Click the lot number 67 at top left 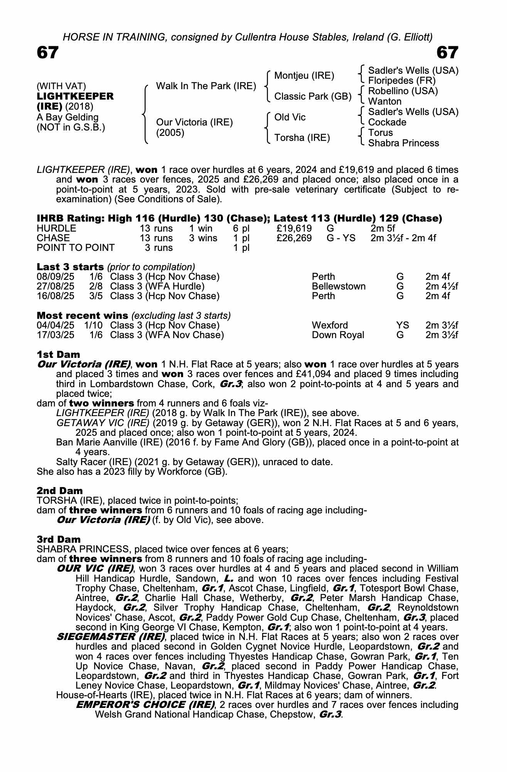click(47, 53)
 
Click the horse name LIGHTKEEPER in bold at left click(75, 96)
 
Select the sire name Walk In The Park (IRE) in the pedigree click(206, 86)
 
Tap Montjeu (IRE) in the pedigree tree click(304, 76)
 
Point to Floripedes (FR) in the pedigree click(402, 81)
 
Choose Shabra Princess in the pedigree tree click(403, 143)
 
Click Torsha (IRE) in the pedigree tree click(302, 138)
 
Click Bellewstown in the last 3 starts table click(339, 286)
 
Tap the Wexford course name click(330, 325)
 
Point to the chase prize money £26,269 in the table click(294, 238)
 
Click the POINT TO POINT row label click(76, 248)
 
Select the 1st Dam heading click(59, 354)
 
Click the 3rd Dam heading click(59, 539)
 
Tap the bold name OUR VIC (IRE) click(95, 569)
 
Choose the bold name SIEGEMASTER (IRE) click(111, 637)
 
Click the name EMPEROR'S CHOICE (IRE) click(145, 704)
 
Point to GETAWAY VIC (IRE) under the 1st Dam click(103, 423)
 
